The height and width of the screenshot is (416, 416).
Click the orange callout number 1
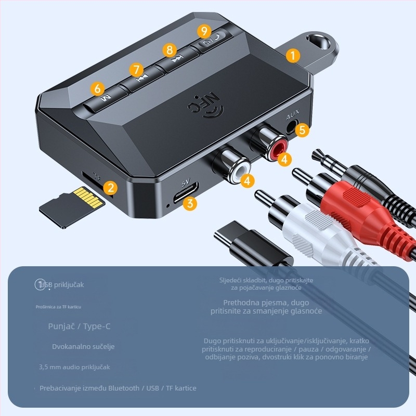click(293, 55)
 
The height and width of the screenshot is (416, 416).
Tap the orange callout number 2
click(110, 188)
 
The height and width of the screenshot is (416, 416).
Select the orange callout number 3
click(191, 203)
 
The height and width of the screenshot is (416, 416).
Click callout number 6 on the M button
click(99, 89)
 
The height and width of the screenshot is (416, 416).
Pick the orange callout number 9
click(204, 31)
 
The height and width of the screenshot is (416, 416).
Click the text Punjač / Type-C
click(79, 327)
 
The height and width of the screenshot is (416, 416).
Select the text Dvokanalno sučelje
click(83, 346)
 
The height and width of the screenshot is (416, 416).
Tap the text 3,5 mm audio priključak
click(74, 367)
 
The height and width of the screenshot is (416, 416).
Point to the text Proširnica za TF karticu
click(59, 307)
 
